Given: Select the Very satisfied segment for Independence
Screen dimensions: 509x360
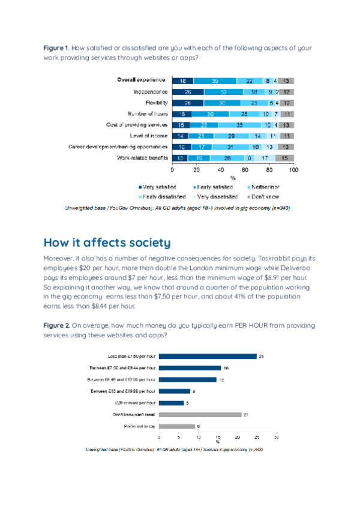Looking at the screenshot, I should click(x=188, y=92).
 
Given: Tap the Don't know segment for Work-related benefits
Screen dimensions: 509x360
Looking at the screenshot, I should click(x=284, y=158).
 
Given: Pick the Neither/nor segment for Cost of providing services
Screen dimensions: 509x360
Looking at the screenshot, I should click(x=239, y=125).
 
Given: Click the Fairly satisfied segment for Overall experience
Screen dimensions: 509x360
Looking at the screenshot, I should click(x=215, y=80).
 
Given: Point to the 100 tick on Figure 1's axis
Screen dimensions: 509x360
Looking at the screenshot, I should click(x=293, y=169).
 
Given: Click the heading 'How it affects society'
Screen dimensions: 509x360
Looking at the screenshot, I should click(x=107, y=242).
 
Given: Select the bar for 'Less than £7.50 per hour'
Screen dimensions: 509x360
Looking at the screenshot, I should click(x=207, y=356).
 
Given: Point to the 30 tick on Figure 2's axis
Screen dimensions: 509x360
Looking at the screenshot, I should click(x=276, y=438).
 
